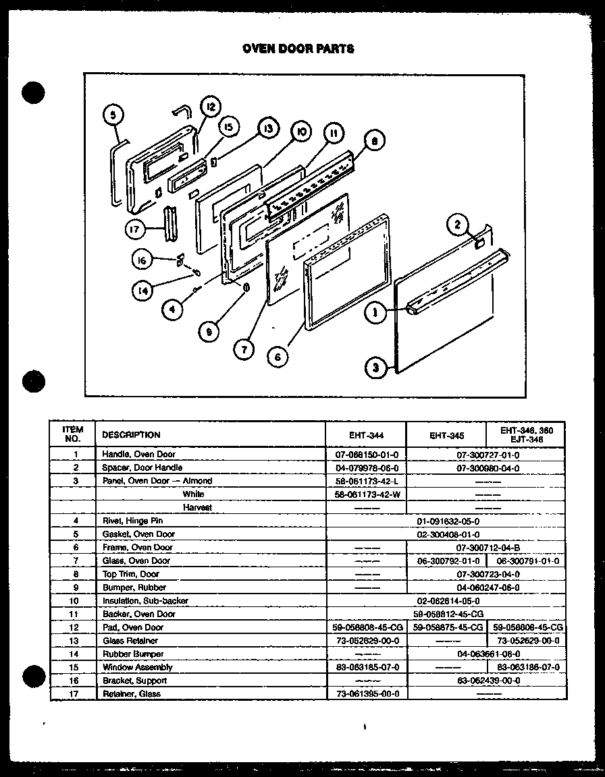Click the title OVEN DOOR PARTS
pos(298,49)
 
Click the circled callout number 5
pos(114,115)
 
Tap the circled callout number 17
pos(135,229)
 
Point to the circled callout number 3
pos(375,368)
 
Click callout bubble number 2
pos(457,225)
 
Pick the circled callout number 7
pos(244,348)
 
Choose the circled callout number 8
pos(373,141)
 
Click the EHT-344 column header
pos(367,435)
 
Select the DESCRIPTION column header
pos(131,435)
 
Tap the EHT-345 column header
pos(446,435)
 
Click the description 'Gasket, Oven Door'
pos(138,534)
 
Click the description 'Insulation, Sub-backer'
pos(145,600)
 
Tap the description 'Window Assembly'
pos(137,667)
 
